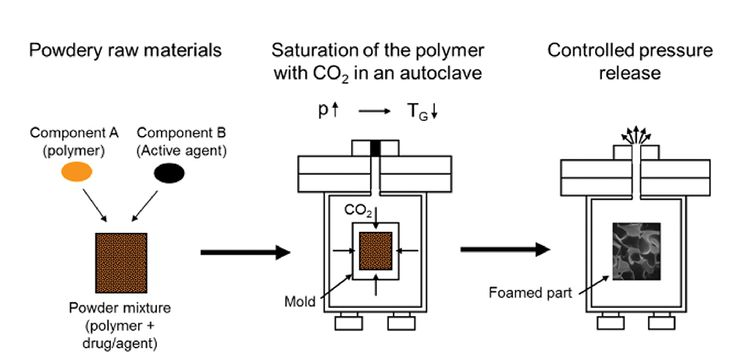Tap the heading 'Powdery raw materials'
click(x=125, y=52)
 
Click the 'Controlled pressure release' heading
click(x=629, y=62)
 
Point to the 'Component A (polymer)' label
click(x=76, y=141)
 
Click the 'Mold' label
click(x=302, y=300)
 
